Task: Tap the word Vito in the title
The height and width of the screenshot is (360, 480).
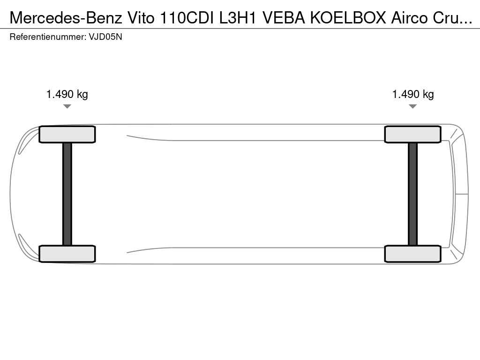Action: pyautogui.click(x=141, y=18)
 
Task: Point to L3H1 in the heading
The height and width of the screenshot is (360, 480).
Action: pyautogui.click(x=238, y=18)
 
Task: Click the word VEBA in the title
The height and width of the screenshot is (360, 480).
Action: pyautogui.click(x=284, y=18)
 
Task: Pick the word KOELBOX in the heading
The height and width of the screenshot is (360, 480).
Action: pyautogui.click(x=348, y=18)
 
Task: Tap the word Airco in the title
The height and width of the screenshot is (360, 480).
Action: pyautogui.click(x=410, y=18)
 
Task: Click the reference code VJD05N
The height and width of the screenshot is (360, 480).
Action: pyautogui.click(x=105, y=37)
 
